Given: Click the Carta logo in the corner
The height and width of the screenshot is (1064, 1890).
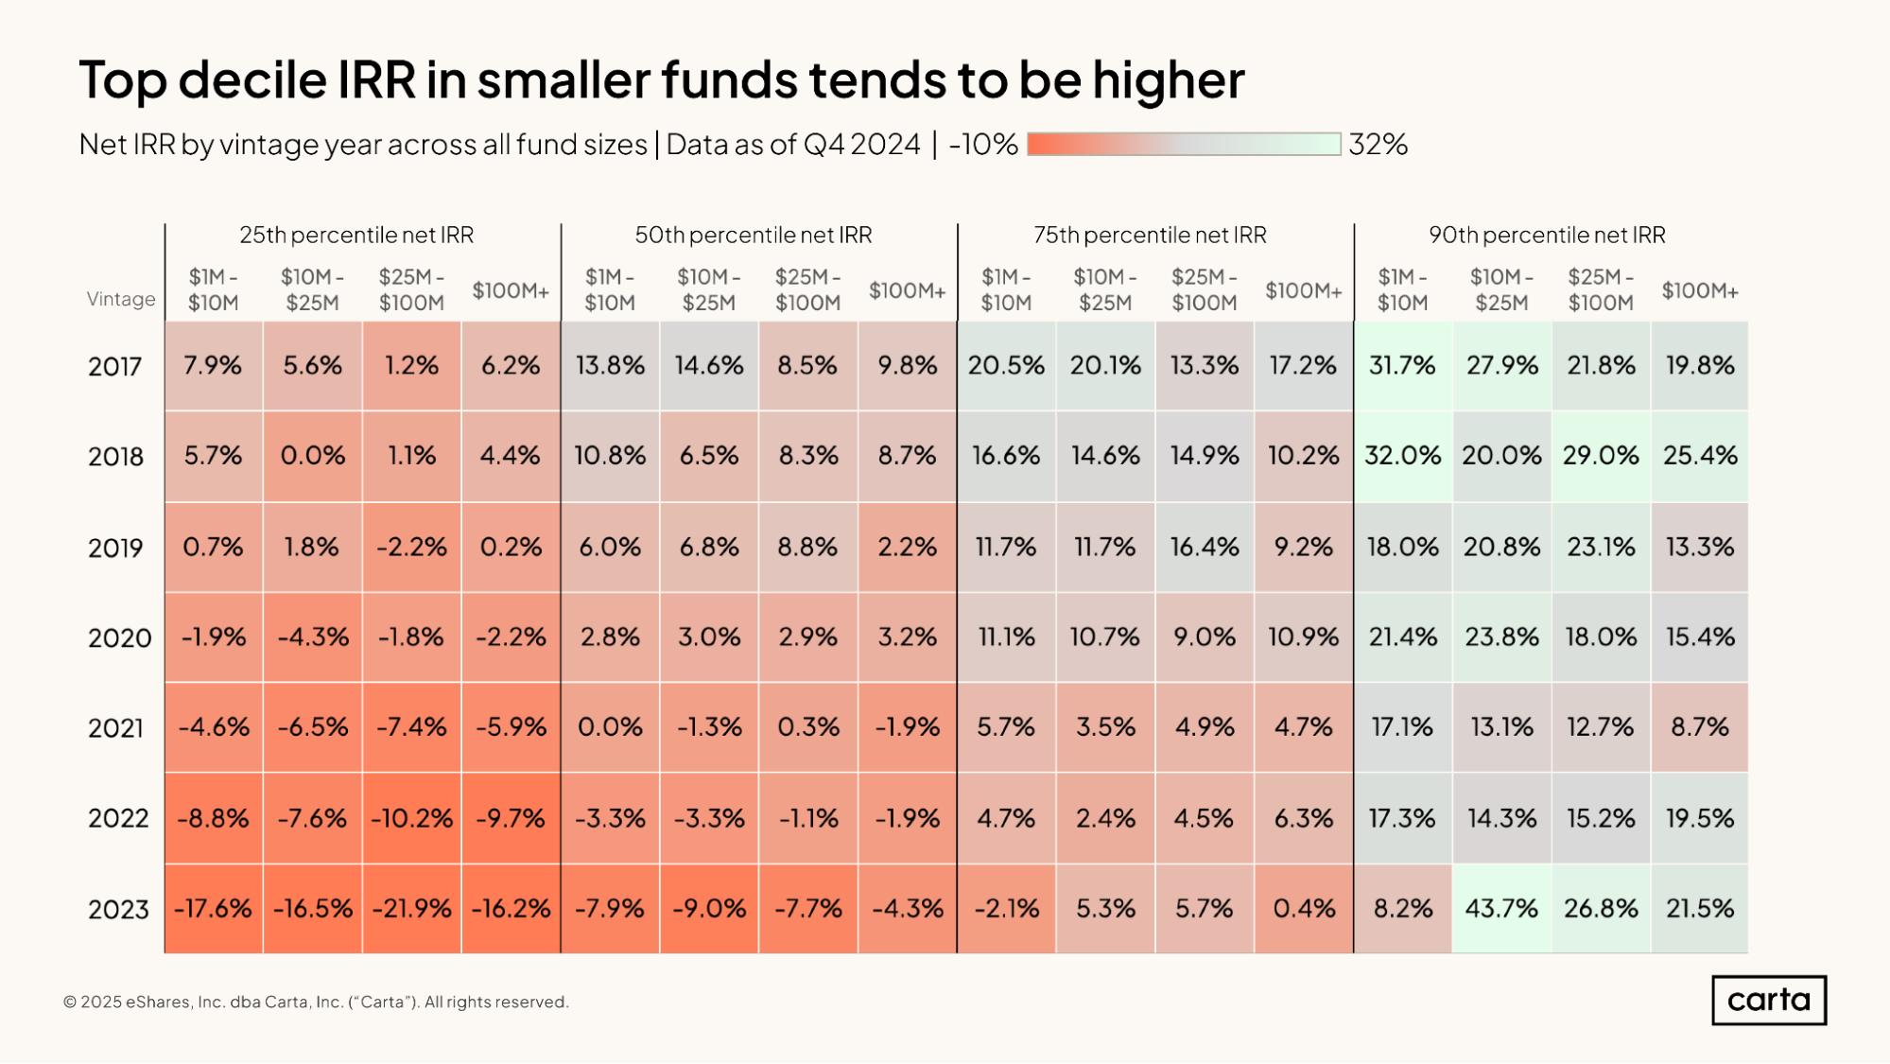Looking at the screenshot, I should coord(1768,1000).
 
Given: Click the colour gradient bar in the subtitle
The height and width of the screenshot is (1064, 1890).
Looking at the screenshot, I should coord(1184,144).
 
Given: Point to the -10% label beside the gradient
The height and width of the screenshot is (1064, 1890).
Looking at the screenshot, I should coord(983,145).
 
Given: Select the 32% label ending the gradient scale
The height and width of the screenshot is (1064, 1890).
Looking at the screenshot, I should coord(1378,145).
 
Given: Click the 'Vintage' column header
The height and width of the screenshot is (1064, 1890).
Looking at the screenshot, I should coord(121,299).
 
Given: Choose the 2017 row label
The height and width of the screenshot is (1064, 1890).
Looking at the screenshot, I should coord(115,367).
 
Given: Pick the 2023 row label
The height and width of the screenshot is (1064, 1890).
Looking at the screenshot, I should coord(118,910).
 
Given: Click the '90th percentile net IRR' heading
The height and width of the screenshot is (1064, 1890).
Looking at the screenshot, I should coord(1547,235).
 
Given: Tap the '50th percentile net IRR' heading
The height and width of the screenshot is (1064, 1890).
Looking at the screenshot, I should coord(754,235).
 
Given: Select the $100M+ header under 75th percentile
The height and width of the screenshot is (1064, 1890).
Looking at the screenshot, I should coord(1303,290).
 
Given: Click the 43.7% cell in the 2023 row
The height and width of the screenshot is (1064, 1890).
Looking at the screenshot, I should coord(1501,909).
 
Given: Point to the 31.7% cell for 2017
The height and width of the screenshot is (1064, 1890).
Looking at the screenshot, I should coord(1402,366).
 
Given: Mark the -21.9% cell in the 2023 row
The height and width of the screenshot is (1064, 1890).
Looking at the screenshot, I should coord(411,909).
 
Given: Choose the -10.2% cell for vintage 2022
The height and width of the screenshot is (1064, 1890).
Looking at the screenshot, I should coord(411,818).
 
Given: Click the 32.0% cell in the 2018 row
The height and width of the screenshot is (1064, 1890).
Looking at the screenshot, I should coord(1402,456).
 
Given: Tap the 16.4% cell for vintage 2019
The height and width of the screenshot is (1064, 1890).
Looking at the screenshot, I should coord(1204,547).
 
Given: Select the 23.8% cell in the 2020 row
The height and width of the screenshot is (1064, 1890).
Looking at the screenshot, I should coord(1501,637).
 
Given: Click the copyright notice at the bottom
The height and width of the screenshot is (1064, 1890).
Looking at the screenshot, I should coord(316,1002).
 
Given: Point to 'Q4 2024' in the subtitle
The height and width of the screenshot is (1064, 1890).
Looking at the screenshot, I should coord(861,145).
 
